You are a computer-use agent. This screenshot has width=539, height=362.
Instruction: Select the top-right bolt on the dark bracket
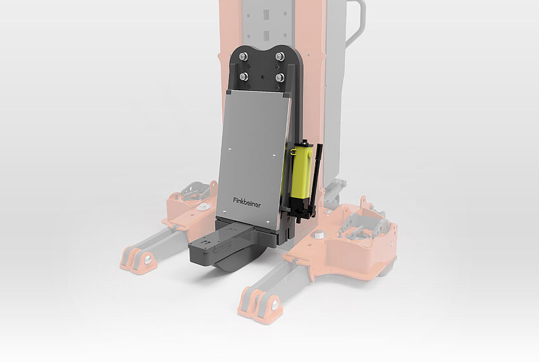279,57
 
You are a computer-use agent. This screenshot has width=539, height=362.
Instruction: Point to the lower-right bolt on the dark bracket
279,79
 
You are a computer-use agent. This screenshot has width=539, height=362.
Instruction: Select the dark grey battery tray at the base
219,244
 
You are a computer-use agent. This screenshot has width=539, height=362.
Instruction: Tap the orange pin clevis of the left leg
138,259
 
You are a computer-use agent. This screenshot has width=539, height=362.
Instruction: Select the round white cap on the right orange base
318,236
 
